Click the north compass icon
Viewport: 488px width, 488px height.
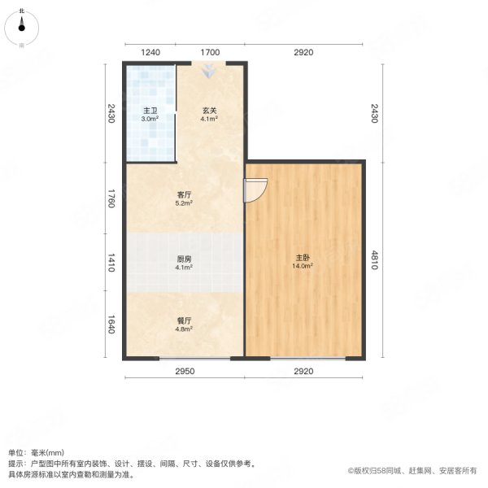click(x=23, y=27)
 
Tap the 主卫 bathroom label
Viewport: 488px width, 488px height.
click(x=150, y=111)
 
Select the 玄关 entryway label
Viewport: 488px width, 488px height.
click(x=210, y=111)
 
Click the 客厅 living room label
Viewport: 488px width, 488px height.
click(x=184, y=195)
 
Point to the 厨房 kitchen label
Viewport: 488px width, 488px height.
click(x=184, y=259)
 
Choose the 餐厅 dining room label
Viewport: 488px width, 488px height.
click(x=184, y=321)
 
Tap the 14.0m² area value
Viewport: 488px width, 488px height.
click(x=303, y=267)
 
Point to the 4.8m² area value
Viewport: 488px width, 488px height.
click(x=184, y=329)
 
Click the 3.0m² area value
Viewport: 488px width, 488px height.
click(x=150, y=119)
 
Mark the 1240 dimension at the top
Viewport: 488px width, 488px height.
click(x=150, y=53)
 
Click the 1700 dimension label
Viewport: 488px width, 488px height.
click(x=210, y=53)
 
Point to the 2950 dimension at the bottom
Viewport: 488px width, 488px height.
click(x=184, y=371)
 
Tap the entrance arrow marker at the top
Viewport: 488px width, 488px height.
click(x=210, y=72)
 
